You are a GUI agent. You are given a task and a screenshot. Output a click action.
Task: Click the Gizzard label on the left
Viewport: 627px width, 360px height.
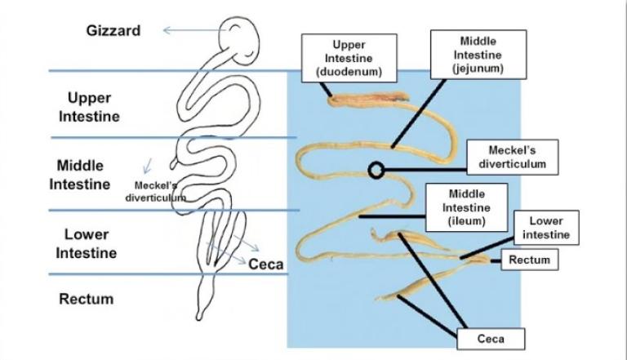(113, 31)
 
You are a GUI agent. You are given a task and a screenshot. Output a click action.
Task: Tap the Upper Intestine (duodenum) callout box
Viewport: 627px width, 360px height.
(349, 58)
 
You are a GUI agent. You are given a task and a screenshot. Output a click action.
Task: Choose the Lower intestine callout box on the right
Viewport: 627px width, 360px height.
(546, 229)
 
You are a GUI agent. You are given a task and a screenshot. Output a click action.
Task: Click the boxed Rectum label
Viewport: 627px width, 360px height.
(529, 260)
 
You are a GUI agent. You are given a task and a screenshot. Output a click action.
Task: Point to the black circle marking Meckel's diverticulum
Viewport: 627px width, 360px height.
(376, 170)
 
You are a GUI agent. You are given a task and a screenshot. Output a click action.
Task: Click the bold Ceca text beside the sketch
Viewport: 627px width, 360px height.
(265, 264)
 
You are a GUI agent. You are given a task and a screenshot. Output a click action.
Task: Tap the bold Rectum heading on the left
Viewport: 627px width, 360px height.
(87, 299)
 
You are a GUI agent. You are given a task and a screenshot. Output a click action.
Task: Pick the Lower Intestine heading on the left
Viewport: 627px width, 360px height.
(87, 243)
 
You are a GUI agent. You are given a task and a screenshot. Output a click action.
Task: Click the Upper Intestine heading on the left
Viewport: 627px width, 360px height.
(90, 107)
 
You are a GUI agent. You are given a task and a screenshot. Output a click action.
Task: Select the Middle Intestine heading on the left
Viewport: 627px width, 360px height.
(80, 175)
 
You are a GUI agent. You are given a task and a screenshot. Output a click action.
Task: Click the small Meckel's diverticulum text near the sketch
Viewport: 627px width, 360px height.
(155, 191)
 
